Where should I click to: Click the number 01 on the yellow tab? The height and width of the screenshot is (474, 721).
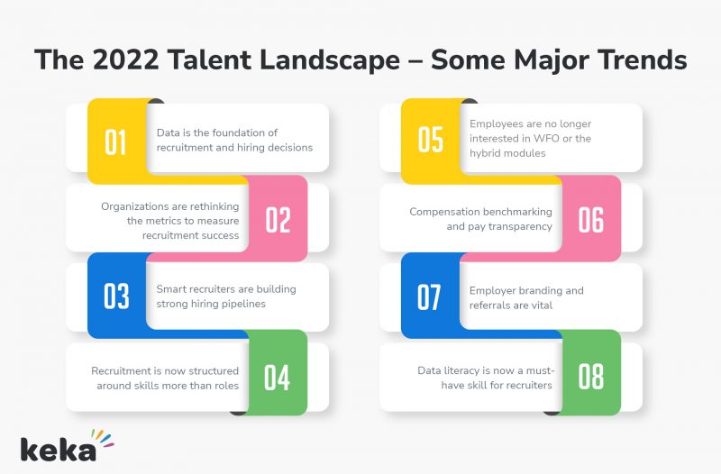tap(115, 142)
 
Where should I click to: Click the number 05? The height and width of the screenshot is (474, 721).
tap(431, 141)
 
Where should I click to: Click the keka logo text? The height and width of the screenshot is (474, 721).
tap(58, 448)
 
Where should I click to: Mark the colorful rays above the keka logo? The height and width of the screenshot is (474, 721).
tap(105, 437)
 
